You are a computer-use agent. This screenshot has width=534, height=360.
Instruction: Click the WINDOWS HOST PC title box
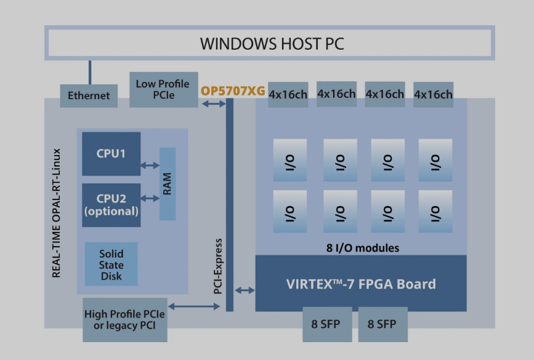(269, 43)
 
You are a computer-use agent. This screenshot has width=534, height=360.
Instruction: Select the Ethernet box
(89, 95)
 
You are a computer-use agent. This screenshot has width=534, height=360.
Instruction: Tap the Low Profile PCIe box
(163, 89)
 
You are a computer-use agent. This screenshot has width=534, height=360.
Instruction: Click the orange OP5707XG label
(233, 91)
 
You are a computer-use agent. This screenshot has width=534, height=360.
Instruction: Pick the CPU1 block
(111, 153)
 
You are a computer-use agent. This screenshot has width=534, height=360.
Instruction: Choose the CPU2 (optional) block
(111, 205)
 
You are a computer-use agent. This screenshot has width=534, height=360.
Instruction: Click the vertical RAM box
(167, 183)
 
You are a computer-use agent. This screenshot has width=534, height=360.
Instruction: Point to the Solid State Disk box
(111, 265)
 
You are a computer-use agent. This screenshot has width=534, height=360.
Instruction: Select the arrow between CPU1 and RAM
(150, 165)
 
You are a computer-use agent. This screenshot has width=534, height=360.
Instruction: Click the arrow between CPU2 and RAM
(150, 198)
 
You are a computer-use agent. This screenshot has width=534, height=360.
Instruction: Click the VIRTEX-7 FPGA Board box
(360, 284)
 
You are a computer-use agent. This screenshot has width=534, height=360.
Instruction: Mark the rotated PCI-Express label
(217, 265)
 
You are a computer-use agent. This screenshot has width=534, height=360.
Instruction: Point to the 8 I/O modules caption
(362, 249)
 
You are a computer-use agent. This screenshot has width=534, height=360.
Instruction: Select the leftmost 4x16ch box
(287, 95)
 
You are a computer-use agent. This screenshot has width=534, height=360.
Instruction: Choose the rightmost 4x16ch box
(433, 95)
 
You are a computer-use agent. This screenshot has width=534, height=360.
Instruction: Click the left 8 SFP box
(326, 324)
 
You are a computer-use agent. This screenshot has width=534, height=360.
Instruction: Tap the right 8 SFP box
(382, 324)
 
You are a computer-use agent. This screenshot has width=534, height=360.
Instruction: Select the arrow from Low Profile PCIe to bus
(214, 104)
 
